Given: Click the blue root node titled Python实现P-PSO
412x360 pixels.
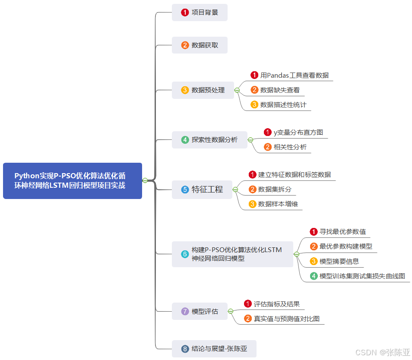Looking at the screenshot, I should point(73,181).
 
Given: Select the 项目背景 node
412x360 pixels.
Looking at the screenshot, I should point(200,13).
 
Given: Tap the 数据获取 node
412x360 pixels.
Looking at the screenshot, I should point(200,45).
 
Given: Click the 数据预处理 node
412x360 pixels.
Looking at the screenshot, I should point(203,90).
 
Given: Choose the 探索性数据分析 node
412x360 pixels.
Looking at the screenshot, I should point(209,140).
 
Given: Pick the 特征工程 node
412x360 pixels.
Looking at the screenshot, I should point(202,189).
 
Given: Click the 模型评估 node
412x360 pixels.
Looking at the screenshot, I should point(200,311).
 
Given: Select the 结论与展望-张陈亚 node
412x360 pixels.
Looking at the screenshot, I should point(214,349).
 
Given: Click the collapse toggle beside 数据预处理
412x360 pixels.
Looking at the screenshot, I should point(237,90).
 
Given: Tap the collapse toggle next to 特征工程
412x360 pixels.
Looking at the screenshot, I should point(235,189).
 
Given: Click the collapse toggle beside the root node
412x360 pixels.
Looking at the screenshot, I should point(145,180).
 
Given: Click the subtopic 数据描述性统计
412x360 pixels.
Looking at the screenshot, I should point(283,105).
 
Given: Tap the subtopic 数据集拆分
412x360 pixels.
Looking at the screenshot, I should point(275,189).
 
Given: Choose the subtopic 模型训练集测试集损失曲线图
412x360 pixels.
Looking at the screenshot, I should point(362,276).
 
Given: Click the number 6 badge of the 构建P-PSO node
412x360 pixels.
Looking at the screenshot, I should point(185,254).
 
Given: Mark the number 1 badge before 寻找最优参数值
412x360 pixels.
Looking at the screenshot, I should point(314,232).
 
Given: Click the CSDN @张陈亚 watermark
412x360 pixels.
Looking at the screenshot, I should point(382,352).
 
